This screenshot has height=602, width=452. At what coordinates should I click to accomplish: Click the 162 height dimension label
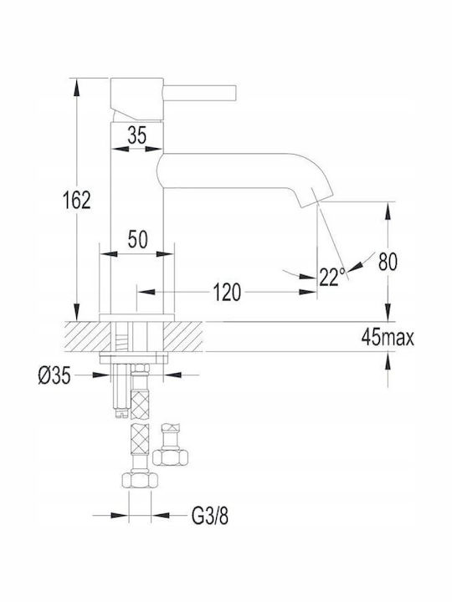tap(77, 200)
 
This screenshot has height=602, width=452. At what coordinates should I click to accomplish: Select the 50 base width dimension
tap(137, 240)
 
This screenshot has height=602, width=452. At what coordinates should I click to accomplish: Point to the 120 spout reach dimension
tap(227, 293)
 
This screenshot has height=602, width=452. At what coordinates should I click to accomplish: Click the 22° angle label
tap(332, 277)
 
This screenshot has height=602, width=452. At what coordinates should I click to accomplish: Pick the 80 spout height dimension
tap(388, 262)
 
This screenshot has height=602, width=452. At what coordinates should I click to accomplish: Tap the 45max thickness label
tap(388, 338)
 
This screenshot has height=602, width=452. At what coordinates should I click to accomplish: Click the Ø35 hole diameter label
tap(54, 375)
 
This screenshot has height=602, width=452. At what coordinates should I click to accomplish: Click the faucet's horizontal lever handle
tap(199, 94)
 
